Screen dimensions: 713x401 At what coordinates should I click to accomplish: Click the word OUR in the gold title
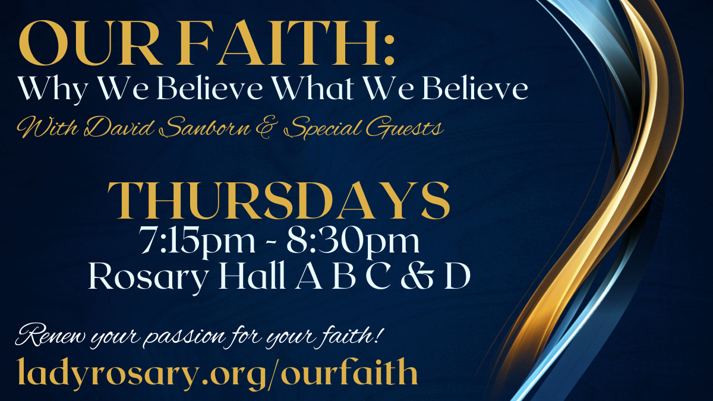tap(89, 43)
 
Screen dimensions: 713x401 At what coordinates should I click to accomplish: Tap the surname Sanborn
tap(206, 128)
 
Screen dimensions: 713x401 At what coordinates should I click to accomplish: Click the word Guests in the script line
tap(405, 128)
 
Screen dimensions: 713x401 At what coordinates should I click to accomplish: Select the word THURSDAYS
tap(279, 201)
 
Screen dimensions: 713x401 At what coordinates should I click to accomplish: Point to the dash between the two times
tap(271, 242)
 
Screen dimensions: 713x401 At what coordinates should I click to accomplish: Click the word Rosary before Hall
tap(149, 276)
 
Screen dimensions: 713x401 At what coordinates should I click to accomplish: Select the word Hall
tap(251, 275)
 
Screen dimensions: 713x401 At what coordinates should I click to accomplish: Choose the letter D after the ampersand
tap(457, 276)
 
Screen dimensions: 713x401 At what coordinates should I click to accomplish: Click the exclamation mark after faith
tap(377, 333)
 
